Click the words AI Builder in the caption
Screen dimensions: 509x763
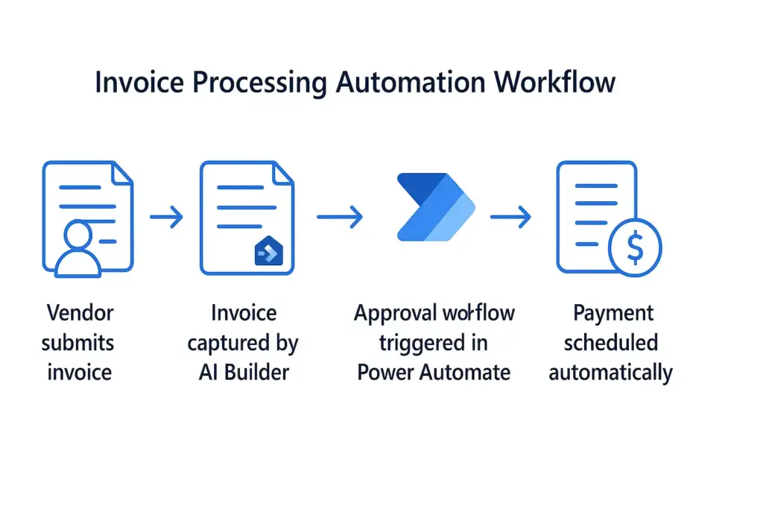click(x=243, y=371)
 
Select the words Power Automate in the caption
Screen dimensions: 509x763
click(x=434, y=371)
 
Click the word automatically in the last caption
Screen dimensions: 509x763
click(x=610, y=371)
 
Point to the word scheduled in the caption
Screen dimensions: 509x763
click(x=610, y=342)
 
